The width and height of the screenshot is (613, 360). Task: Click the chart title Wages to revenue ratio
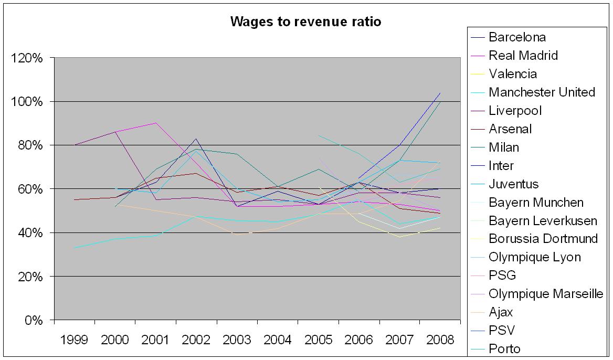pyautogui.click(x=305, y=22)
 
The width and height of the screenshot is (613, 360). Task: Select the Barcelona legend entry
pyautogui.click(x=517, y=37)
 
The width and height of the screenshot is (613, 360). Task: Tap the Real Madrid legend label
pyautogui.click(x=523, y=56)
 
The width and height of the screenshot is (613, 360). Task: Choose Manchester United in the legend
pyautogui.click(x=542, y=92)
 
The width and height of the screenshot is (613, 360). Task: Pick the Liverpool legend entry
pyautogui.click(x=515, y=111)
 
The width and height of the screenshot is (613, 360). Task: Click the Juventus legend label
pyautogui.click(x=513, y=184)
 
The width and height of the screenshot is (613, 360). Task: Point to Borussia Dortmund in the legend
pyautogui.click(x=543, y=239)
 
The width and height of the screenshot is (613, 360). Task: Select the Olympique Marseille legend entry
pyautogui.click(x=546, y=294)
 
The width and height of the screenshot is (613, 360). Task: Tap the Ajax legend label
pyautogui.click(x=501, y=312)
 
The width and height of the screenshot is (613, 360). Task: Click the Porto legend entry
pyautogui.click(x=504, y=349)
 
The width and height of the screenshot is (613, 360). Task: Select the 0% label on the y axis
pyautogui.click(x=33, y=320)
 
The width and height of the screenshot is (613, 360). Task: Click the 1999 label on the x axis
pyautogui.click(x=75, y=340)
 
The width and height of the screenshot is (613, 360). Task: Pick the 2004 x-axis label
pyautogui.click(x=278, y=340)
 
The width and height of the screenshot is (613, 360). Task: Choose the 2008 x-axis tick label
pyautogui.click(x=440, y=340)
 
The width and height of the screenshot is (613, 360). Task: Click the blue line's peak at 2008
pyautogui.click(x=440, y=93)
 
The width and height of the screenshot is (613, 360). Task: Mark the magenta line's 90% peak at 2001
pyautogui.click(x=156, y=123)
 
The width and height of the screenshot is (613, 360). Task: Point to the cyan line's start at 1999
pyautogui.click(x=75, y=248)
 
